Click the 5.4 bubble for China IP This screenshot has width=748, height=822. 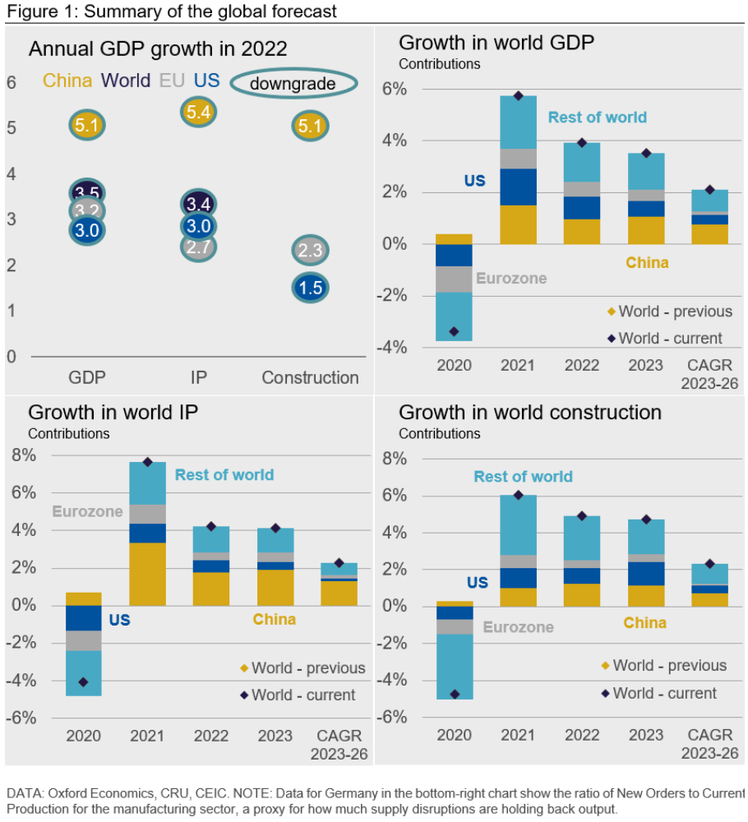point(198,112)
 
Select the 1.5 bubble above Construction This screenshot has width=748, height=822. point(310,288)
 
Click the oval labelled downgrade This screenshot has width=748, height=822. point(293,84)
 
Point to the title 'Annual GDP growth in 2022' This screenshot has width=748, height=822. point(158,48)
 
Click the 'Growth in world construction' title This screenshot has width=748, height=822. point(530,412)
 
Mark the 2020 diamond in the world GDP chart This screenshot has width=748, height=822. point(454,331)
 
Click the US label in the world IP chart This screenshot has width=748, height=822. point(120,620)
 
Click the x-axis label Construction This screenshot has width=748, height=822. point(310,378)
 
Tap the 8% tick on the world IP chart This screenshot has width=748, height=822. point(24,456)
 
